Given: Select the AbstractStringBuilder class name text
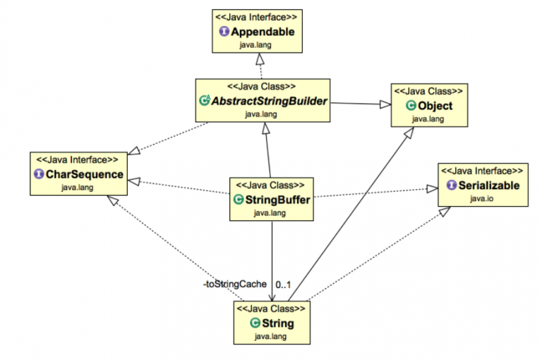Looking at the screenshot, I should (270, 101).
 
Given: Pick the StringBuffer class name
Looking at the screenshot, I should (277, 199).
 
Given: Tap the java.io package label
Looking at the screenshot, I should (481, 198).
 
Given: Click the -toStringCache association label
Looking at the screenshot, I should (234, 284).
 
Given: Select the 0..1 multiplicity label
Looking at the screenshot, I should (284, 284).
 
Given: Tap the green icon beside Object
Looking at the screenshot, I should (411, 106).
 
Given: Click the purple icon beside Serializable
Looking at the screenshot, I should (452, 186).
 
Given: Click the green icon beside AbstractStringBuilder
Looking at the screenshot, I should (205, 101).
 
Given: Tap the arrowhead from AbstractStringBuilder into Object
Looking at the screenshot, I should (385, 104).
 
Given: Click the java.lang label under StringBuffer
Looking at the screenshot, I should (269, 212).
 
